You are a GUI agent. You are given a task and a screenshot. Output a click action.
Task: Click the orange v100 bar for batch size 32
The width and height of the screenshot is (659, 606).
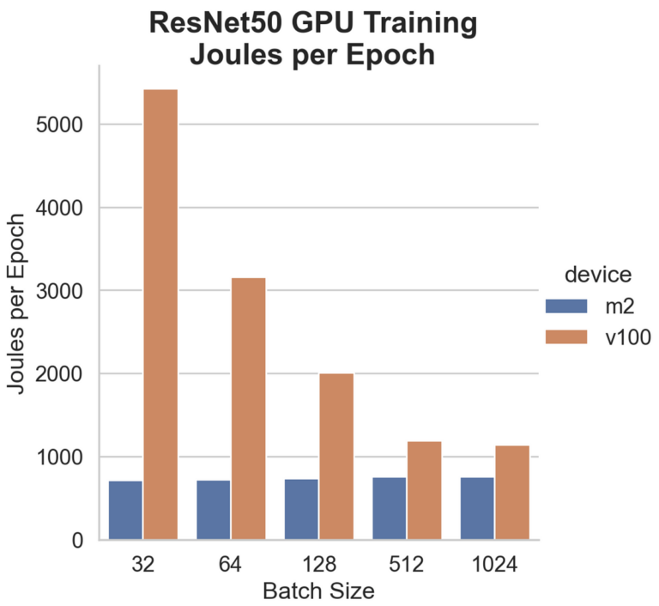coord(160,314)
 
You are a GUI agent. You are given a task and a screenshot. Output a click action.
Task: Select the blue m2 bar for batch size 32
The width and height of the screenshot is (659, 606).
coord(125,510)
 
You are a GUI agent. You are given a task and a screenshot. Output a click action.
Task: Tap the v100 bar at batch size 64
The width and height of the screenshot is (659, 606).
coord(248,409)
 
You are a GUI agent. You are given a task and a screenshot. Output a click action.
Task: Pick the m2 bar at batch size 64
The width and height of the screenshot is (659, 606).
coord(214,510)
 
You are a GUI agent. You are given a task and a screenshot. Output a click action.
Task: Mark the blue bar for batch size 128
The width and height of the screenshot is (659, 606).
coord(301,509)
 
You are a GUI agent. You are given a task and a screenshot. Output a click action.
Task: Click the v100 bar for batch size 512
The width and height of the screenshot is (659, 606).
coord(424,490)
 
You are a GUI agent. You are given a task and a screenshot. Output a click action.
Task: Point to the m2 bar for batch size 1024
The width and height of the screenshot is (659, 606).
coord(477,508)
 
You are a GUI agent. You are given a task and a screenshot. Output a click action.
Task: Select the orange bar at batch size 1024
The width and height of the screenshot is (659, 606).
coord(512,493)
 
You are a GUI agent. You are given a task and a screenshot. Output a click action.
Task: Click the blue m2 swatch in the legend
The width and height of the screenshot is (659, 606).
coord(566,306)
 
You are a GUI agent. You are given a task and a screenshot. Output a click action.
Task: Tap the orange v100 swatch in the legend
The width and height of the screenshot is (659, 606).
coord(566,336)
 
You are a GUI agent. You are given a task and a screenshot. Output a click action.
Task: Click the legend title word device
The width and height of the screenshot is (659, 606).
coord(598,275)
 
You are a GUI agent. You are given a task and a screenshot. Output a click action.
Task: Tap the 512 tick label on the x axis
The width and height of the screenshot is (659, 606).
coord(407,566)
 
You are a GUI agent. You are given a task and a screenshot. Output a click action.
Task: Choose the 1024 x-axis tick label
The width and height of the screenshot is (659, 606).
coord(494,566)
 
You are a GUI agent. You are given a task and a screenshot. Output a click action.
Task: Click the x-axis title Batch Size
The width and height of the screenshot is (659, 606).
coord(318,592)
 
